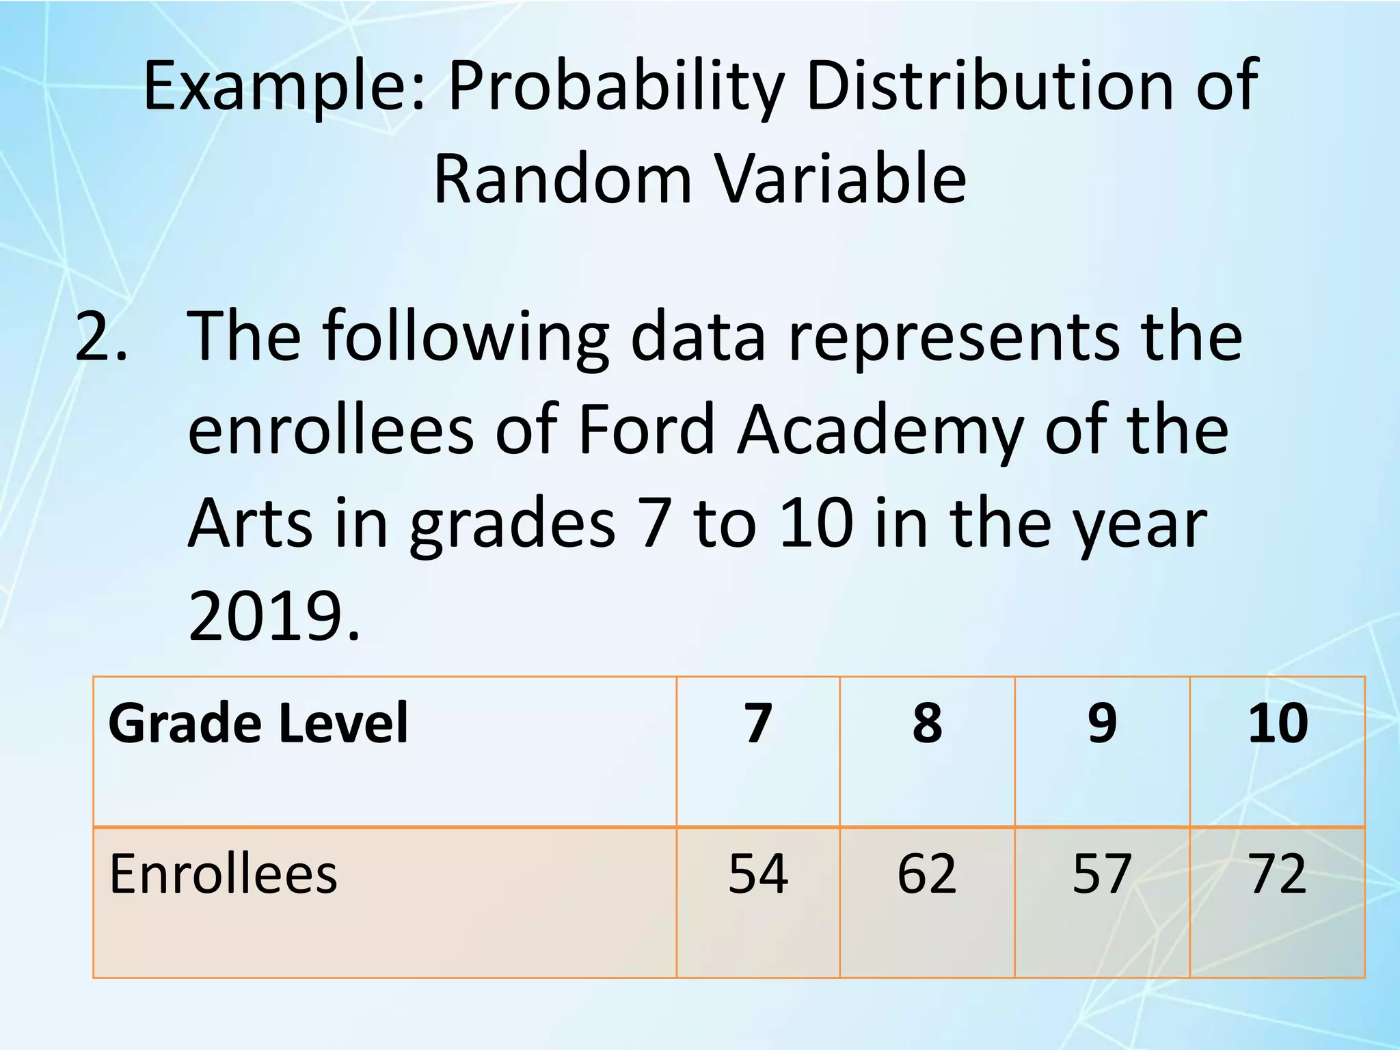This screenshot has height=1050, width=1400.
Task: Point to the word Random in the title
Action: click(563, 179)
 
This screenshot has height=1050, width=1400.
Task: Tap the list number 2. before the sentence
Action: click(100, 336)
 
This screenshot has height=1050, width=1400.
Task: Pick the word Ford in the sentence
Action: click(646, 429)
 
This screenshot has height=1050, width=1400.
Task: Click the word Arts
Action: click(250, 524)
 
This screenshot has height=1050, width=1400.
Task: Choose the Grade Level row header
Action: click(258, 723)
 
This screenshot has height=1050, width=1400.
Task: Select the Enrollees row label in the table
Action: click(223, 874)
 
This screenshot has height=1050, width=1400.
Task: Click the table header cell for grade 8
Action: click(927, 723)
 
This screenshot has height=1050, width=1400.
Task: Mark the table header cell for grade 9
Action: click(1102, 723)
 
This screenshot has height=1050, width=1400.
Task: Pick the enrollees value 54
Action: click(758, 874)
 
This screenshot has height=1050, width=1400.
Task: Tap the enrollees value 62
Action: click(927, 874)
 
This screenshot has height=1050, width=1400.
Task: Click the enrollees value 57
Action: click(1102, 874)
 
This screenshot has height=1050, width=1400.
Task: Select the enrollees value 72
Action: click(1277, 874)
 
